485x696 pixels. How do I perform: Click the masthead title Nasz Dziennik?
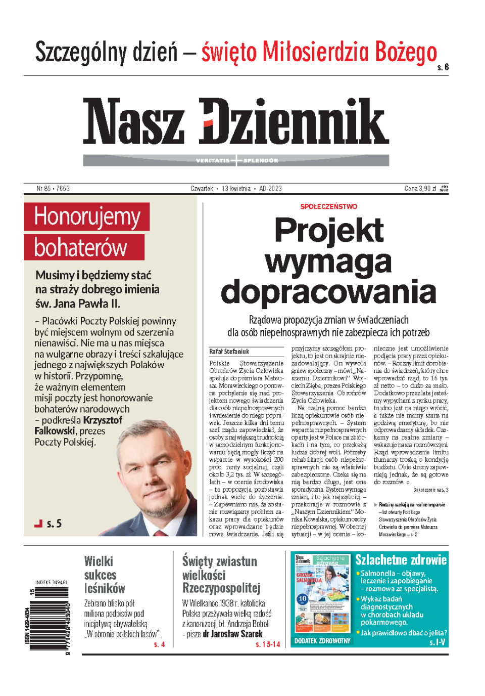236,121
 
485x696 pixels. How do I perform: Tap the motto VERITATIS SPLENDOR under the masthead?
236,161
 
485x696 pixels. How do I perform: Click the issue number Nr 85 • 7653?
53,189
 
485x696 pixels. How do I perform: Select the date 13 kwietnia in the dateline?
236,189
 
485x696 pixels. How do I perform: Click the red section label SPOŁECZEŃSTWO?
328,206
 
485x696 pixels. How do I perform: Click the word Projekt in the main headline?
328,231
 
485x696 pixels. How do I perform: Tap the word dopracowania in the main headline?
328,292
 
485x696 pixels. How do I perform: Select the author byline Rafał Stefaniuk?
229,352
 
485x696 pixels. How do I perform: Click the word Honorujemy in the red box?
87,216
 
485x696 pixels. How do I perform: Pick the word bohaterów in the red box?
81,248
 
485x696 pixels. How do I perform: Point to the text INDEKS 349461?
51,583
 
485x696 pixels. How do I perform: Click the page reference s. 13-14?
268,644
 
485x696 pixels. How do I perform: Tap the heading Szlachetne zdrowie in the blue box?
401,560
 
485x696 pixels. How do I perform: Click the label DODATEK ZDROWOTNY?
322,641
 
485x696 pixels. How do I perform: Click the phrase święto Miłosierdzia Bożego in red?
319,53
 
